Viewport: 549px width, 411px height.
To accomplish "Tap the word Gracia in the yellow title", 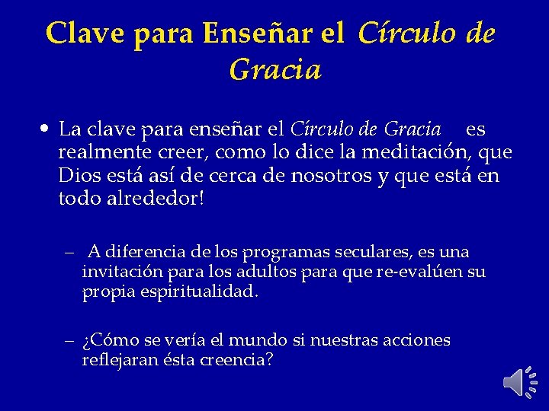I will tap(274, 71).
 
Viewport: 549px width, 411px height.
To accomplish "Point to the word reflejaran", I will tap(116, 360).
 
